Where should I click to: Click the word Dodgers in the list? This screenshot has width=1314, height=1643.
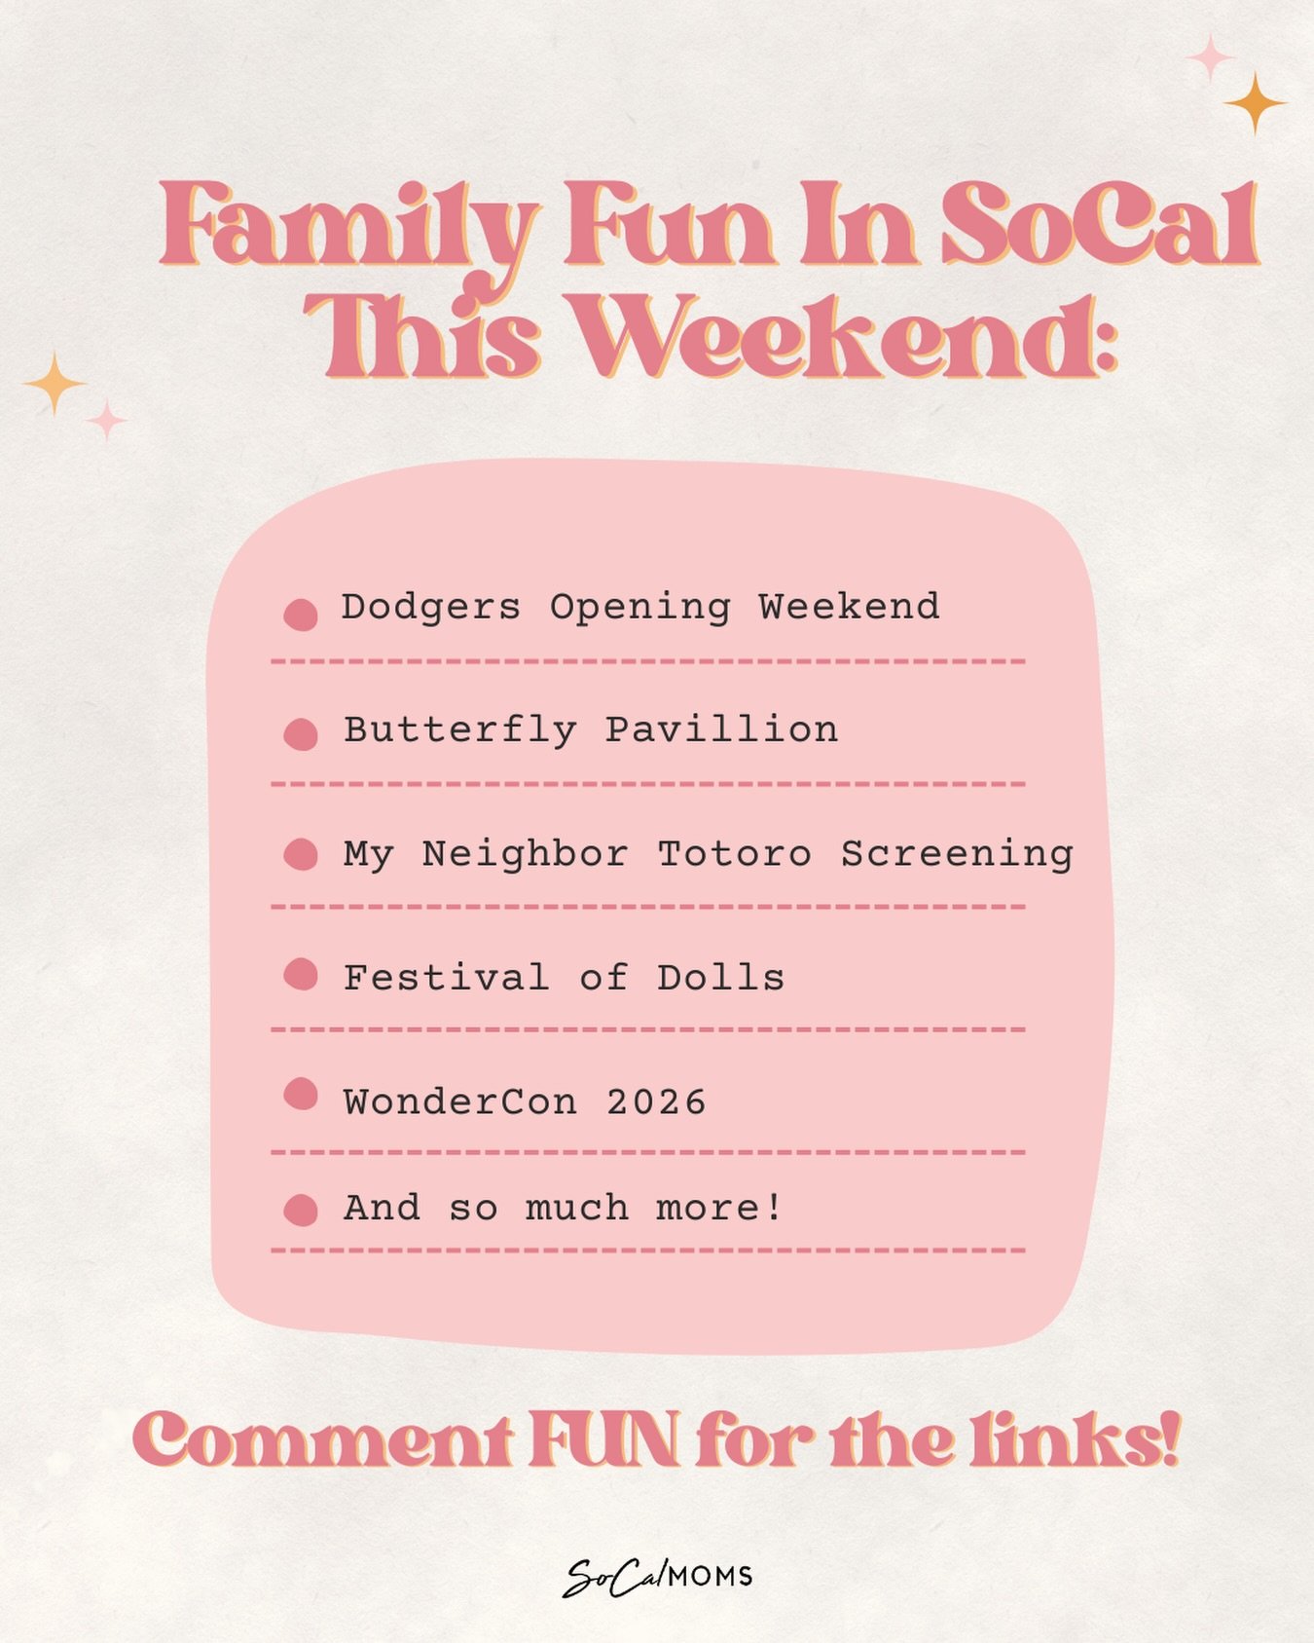point(430,608)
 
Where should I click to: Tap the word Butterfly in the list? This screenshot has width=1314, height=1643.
point(459,730)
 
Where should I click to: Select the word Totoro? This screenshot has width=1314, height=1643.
point(734,854)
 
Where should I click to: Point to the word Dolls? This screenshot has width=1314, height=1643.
point(720,978)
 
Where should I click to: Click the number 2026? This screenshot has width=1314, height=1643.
point(656,1102)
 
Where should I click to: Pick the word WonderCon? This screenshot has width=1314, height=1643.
point(459,1102)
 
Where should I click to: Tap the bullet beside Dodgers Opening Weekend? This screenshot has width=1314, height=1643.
point(301,615)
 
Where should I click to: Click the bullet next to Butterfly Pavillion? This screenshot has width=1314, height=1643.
point(301,734)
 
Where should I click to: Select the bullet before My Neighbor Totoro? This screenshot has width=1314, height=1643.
point(301,854)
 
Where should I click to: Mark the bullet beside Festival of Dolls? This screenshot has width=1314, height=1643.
point(301,974)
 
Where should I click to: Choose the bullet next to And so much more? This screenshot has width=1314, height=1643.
point(301,1210)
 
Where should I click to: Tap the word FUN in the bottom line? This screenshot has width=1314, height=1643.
point(603,1441)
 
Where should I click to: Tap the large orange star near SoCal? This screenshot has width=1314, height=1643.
point(1255,102)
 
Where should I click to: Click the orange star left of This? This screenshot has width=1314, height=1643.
point(55,383)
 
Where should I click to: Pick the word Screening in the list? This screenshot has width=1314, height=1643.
point(957,854)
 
